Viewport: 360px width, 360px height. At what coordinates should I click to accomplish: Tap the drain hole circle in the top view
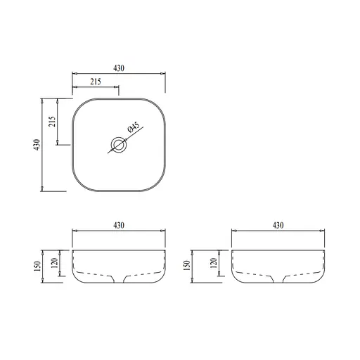tap(118, 146)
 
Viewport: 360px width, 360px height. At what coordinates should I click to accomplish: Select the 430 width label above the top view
tap(118, 68)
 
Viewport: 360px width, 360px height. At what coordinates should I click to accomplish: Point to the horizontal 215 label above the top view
tap(96, 82)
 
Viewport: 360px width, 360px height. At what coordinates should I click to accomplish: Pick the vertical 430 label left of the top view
tap(36, 144)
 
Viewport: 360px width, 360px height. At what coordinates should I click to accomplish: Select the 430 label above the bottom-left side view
tap(118, 225)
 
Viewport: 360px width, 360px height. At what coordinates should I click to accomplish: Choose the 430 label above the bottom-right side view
tap(278, 225)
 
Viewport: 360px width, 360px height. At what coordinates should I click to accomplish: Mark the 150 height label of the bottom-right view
tap(186, 266)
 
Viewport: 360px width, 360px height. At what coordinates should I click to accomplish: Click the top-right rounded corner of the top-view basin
tap(159, 104)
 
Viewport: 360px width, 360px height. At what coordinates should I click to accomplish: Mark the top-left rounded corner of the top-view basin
tap(77, 104)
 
